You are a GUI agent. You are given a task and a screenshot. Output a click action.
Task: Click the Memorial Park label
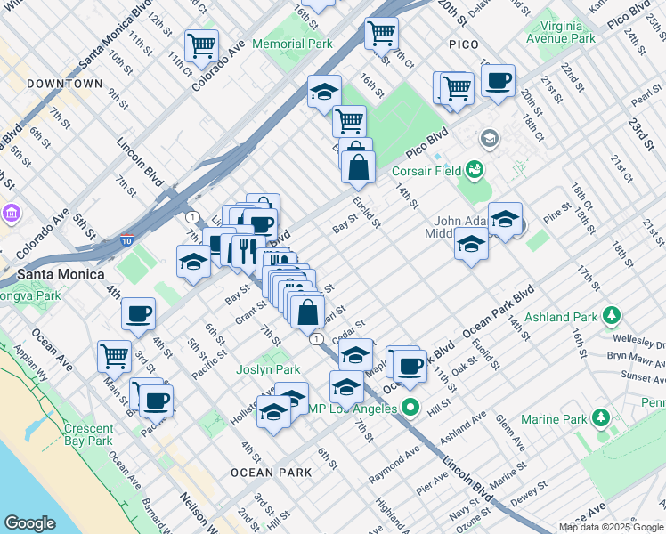(292, 44)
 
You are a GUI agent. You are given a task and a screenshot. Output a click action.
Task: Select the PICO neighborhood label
(464, 44)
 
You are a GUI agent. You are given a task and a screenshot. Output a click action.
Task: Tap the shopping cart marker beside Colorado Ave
(202, 44)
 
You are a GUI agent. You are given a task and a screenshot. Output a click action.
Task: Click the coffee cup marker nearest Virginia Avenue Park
(499, 82)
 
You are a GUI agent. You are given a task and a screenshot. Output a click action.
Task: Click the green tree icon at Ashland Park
(611, 316)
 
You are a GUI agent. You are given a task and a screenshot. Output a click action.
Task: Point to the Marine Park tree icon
(601, 418)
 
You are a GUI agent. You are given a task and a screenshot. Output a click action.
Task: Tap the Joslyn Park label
(268, 369)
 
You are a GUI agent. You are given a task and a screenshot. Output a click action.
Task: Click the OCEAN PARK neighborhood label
(271, 473)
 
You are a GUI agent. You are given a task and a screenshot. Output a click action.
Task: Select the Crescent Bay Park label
(88, 433)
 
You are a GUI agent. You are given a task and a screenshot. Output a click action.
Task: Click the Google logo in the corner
(29, 523)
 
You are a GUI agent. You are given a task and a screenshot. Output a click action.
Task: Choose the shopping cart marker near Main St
(115, 356)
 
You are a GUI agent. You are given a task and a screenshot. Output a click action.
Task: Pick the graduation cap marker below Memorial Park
(325, 91)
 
